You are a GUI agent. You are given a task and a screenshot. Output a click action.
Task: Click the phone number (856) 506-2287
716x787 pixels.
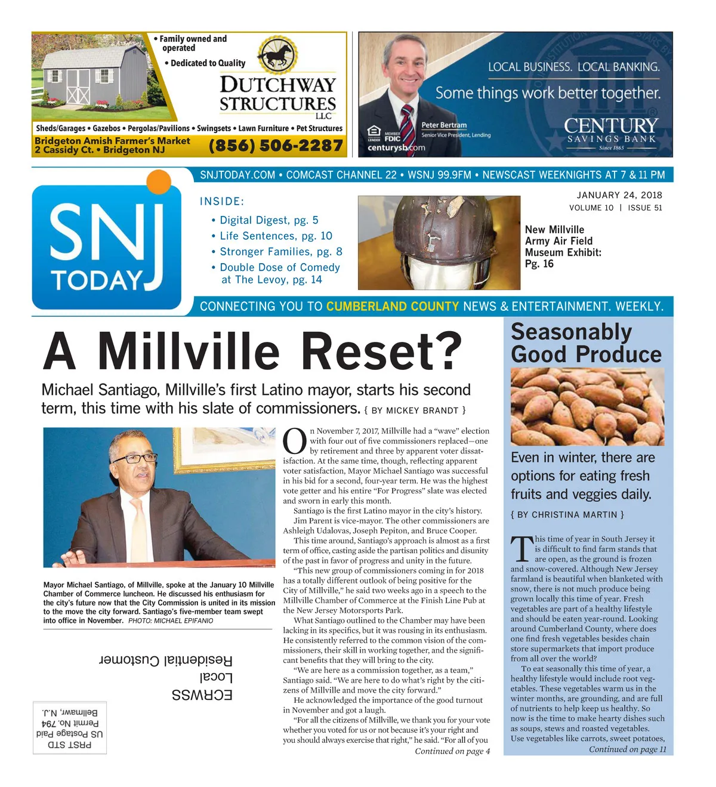pos(276,145)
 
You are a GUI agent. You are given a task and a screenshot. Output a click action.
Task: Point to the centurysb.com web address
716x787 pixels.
pos(396,148)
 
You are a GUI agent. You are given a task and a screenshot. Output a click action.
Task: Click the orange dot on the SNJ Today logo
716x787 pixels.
pos(158,182)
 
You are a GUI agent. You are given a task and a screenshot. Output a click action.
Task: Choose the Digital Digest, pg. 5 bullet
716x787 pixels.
pos(268,220)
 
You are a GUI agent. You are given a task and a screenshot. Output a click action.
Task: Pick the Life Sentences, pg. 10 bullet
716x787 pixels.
pos(276,236)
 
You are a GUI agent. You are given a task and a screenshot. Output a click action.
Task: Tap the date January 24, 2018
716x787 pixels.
pos(619,195)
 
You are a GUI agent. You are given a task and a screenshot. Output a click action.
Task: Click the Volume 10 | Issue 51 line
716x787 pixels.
pos(615,208)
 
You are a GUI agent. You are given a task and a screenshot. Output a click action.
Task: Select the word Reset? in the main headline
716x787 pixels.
pos(382,351)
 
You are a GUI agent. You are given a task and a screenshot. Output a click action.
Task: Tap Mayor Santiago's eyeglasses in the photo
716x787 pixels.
pos(134,458)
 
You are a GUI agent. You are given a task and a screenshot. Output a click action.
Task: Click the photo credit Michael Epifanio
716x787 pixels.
pos(171,621)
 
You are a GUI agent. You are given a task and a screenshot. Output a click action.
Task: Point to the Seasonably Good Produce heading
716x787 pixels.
pos(585,343)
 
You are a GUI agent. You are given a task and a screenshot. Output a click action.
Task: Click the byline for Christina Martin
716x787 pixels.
pos(567,514)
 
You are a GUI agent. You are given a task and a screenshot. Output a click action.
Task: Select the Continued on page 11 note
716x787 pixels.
pos(627,749)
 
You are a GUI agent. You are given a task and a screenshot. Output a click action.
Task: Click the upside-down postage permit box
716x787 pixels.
pos(70,727)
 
